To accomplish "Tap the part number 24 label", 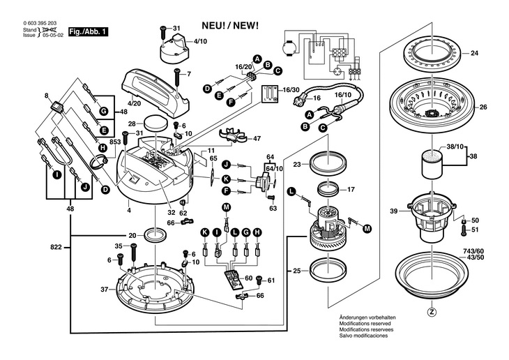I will [474, 53].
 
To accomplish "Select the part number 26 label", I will [483, 107].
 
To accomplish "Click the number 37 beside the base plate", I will [104, 289].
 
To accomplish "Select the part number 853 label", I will [116, 142].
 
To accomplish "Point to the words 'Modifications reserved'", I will [365, 323].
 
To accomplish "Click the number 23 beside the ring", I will [296, 165].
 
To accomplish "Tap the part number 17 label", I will [351, 188].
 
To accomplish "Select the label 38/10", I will [455, 148].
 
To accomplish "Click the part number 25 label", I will [296, 269].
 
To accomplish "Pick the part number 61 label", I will [271, 280].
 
